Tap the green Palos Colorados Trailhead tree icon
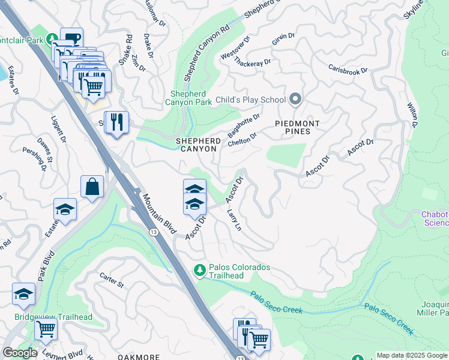click(x=200, y=271)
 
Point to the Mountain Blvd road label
click(x=159, y=213)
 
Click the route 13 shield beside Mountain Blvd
click(x=154, y=232)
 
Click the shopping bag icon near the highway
click(x=94, y=187)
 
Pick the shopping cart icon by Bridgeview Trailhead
click(x=46, y=329)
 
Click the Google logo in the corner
click(x=20, y=353)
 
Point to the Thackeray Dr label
click(x=252, y=62)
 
